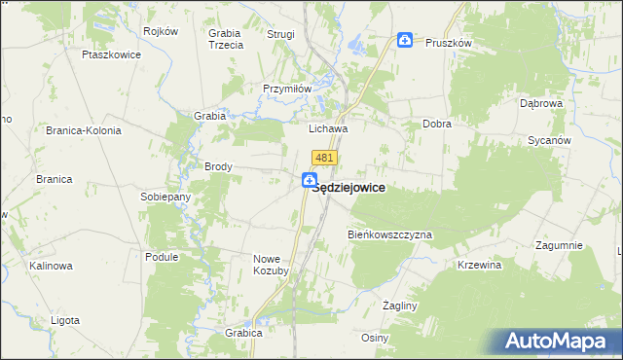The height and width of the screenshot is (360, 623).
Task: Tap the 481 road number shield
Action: pyautogui.click(x=325, y=157)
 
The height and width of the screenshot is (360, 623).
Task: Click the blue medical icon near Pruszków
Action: pyautogui.click(x=405, y=40)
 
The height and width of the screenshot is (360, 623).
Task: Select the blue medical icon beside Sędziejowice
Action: pyautogui.click(x=309, y=180)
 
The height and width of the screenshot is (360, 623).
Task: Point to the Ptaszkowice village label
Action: pyautogui.click(x=113, y=54)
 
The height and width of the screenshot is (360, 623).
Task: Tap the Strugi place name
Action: pyautogui.click(x=280, y=34)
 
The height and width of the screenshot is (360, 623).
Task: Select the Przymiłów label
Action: pyautogui.click(x=286, y=88)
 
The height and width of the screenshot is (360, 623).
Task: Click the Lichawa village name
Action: pyautogui.click(x=328, y=127)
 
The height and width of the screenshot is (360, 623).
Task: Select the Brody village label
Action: pyautogui.click(x=218, y=166)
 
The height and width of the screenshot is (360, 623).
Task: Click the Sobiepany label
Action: pyautogui.click(x=166, y=197)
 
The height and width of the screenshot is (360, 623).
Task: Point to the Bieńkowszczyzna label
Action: pyautogui.click(x=389, y=235)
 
